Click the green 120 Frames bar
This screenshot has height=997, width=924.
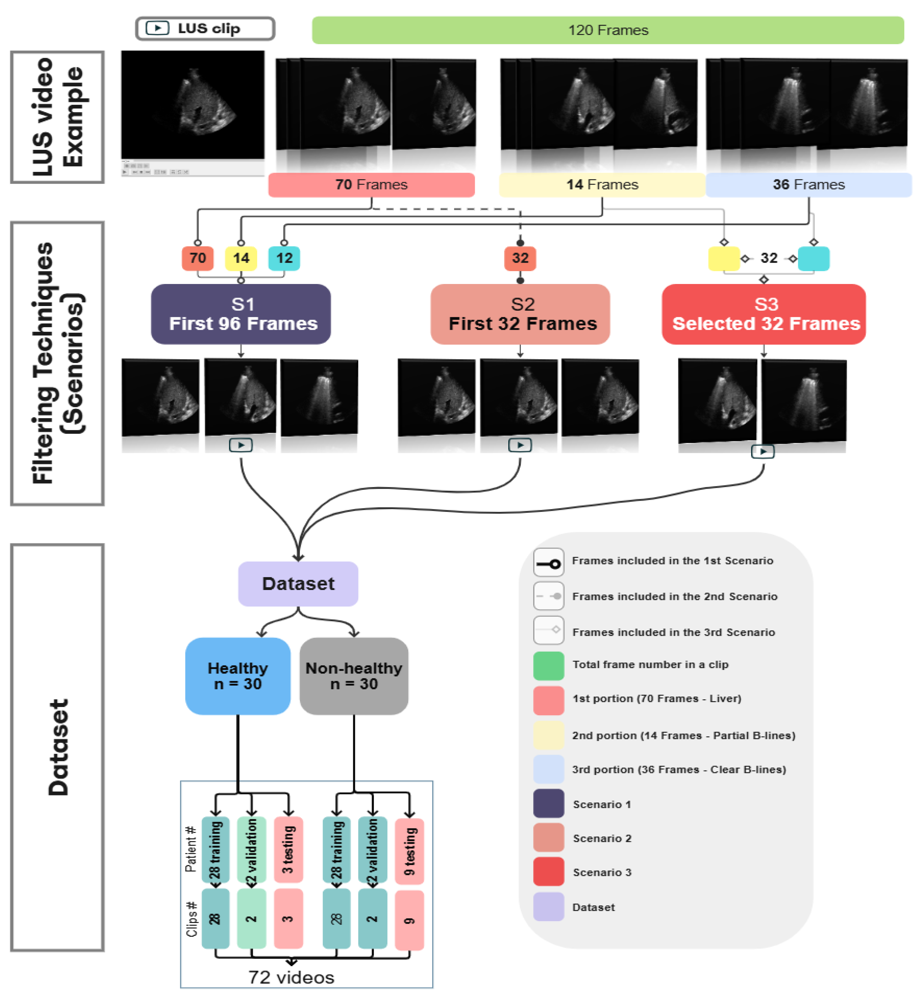608,30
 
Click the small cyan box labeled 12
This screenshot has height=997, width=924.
284,258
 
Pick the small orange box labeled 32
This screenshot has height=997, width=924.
520,258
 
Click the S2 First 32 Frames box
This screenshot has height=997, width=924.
520,314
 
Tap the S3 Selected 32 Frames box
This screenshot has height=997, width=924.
764,314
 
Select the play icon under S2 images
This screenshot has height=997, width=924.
520,444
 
